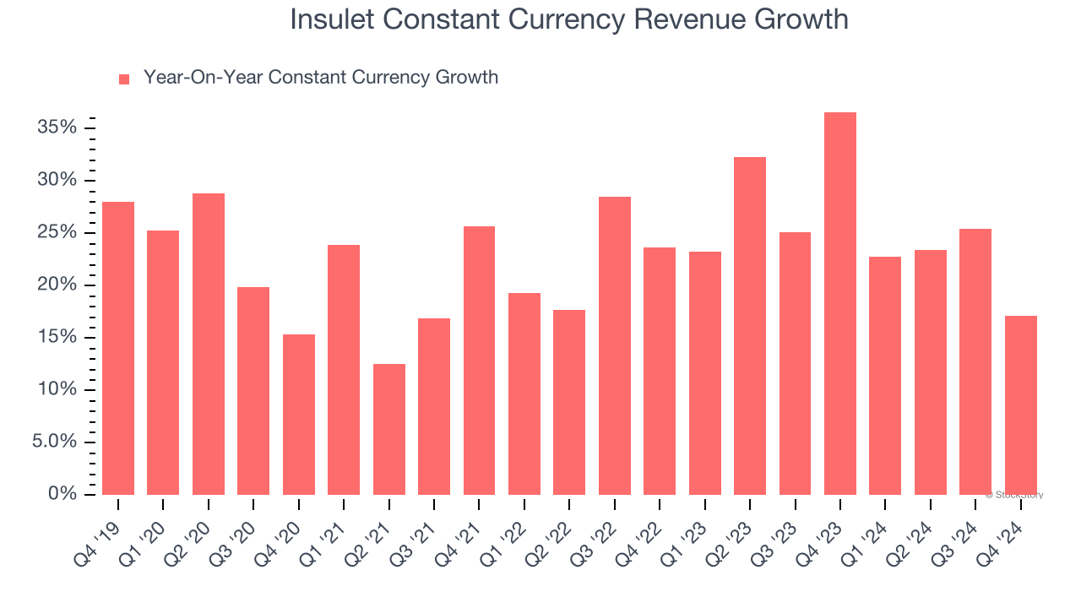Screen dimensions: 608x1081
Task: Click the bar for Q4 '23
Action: tap(840, 304)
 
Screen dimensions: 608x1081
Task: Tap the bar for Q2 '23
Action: tap(750, 326)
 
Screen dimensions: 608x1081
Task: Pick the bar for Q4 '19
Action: tap(118, 348)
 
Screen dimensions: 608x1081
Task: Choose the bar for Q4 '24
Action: tap(1021, 405)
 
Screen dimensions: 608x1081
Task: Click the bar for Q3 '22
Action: tap(615, 345)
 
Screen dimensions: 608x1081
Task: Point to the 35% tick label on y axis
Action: tap(57, 128)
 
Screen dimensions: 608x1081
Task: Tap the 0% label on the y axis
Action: tap(62, 494)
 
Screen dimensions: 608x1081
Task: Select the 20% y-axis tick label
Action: tap(57, 285)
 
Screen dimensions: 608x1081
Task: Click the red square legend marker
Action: tap(124, 79)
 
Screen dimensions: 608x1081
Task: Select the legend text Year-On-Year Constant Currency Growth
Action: tap(321, 78)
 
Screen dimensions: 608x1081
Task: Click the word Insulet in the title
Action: tap(334, 19)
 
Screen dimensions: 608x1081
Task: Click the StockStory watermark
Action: tap(1014, 495)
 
